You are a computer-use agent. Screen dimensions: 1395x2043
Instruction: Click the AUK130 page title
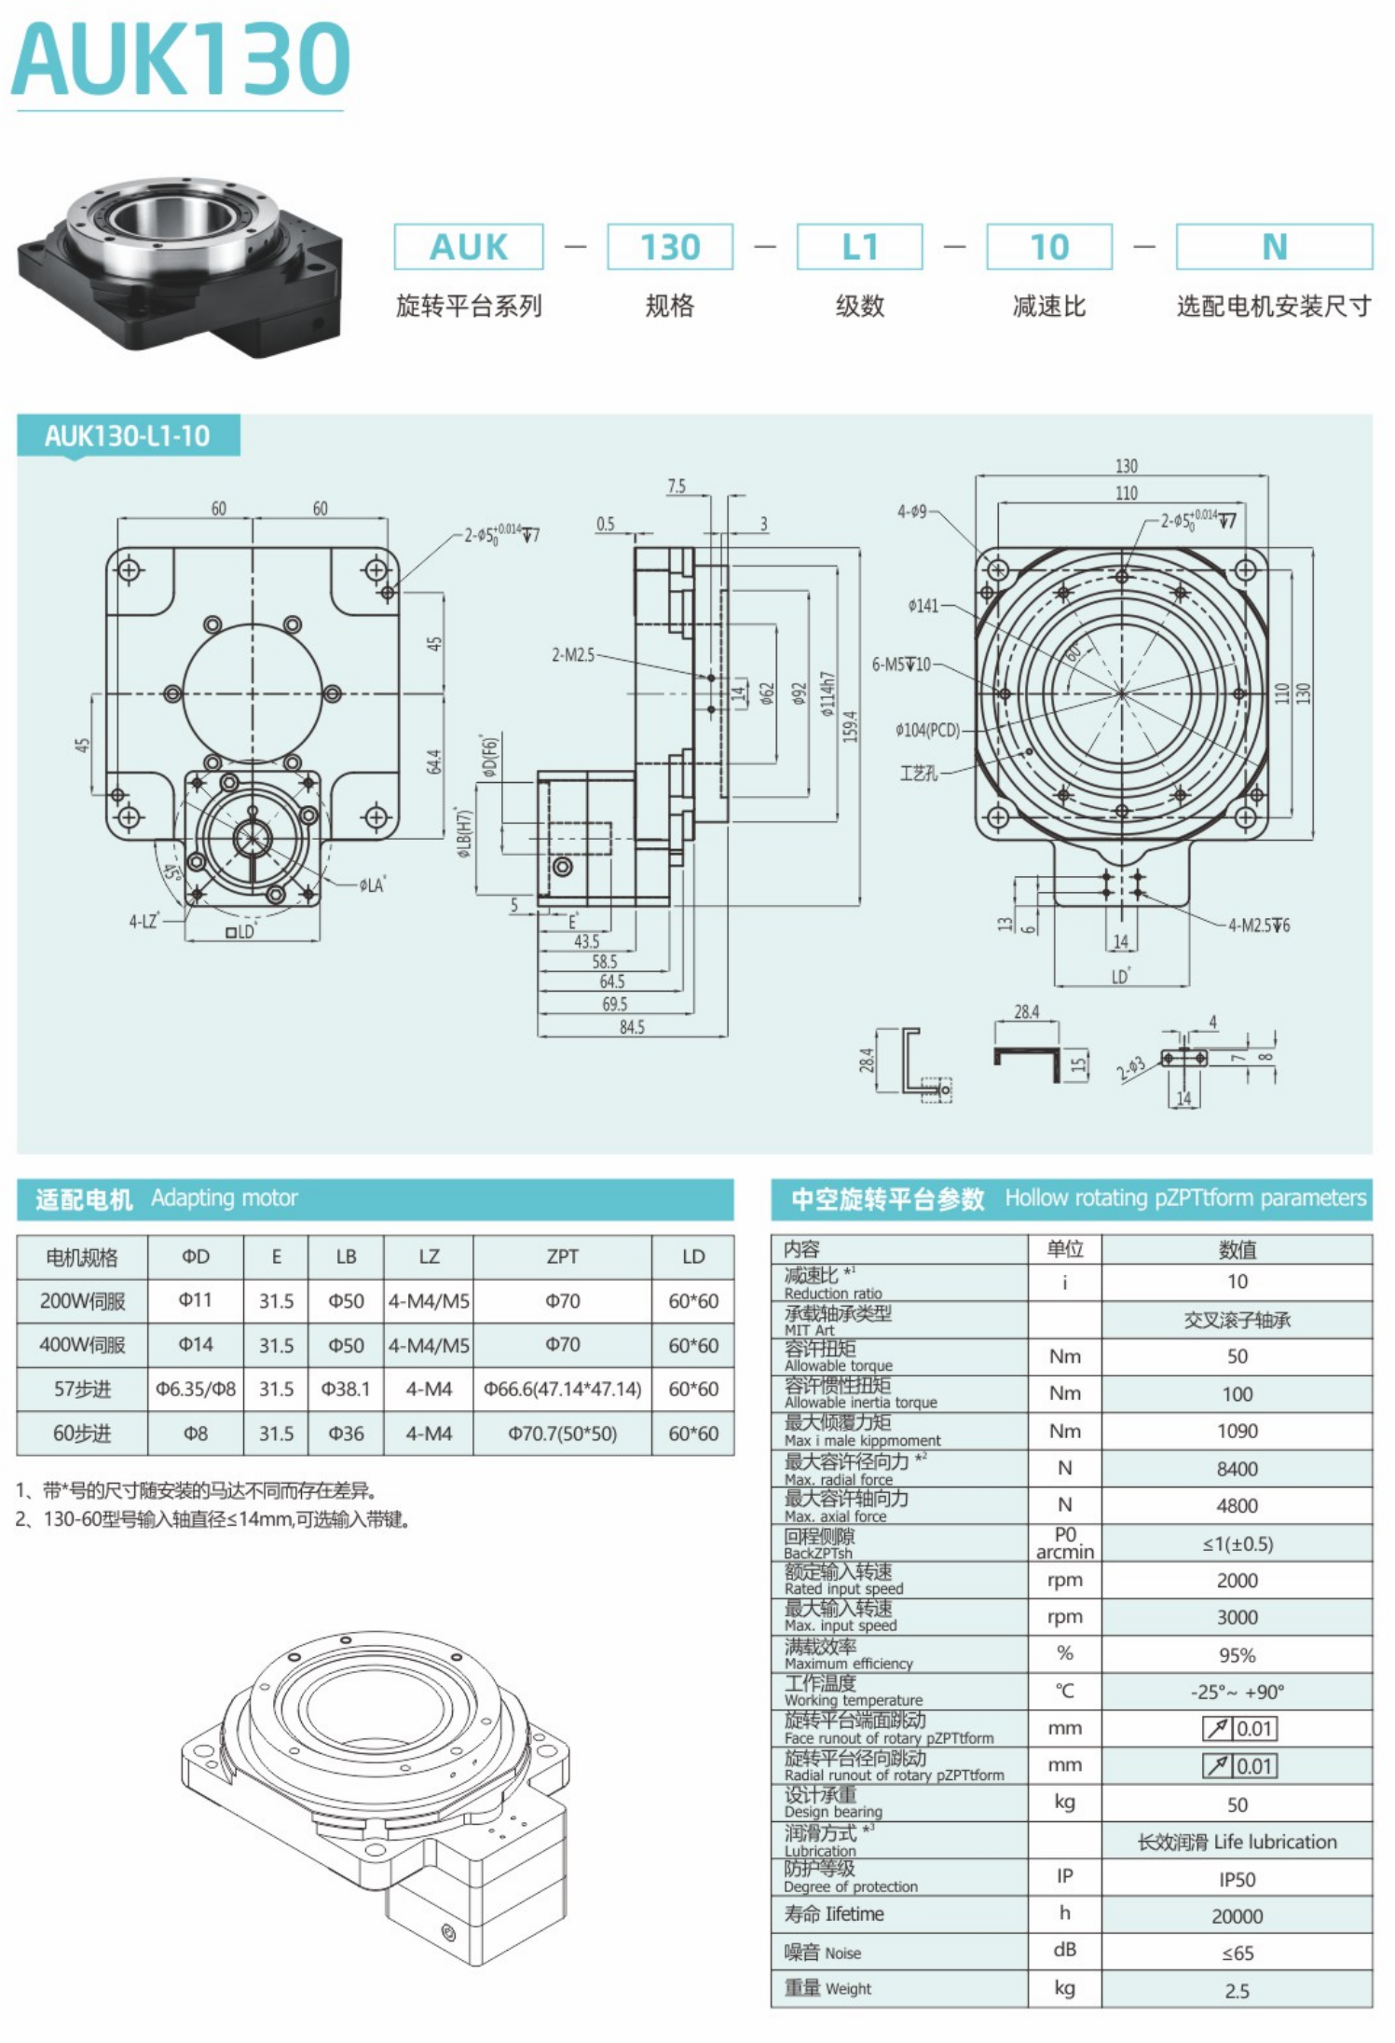(x=181, y=60)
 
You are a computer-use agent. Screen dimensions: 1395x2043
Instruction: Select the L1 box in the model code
(x=859, y=247)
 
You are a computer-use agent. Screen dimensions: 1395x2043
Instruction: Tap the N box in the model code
(x=1274, y=247)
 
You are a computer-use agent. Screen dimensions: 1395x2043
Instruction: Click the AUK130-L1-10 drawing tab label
(x=128, y=436)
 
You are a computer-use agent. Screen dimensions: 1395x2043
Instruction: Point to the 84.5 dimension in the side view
(x=632, y=1026)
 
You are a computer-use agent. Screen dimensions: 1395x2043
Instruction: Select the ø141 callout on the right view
(x=923, y=606)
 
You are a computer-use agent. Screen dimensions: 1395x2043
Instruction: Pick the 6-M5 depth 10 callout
(x=901, y=665)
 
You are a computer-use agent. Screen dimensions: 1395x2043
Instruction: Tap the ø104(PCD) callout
(x=927, y=730)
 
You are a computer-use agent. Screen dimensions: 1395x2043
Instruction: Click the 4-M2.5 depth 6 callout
(x=1259, y=926)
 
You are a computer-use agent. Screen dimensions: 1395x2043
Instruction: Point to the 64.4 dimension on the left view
(x=435, y=761)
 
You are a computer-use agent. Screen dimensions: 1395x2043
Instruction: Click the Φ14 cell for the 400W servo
(x=196, y=1345)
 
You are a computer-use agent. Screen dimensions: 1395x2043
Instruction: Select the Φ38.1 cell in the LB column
(x=346, y=1389)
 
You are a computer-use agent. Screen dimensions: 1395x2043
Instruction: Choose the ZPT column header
(x=563, y=1256)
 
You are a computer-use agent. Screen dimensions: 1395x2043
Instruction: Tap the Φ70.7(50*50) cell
(x=563, y=1433)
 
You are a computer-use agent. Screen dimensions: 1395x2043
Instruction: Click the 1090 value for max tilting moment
(x=1238, y=1431)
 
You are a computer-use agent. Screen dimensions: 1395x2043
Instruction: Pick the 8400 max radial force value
(x=1238, y=1469)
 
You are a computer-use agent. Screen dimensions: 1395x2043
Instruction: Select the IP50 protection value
(x=1238, y=1880)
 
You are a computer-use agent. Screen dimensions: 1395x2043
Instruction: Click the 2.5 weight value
(x=1238, y=1991)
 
